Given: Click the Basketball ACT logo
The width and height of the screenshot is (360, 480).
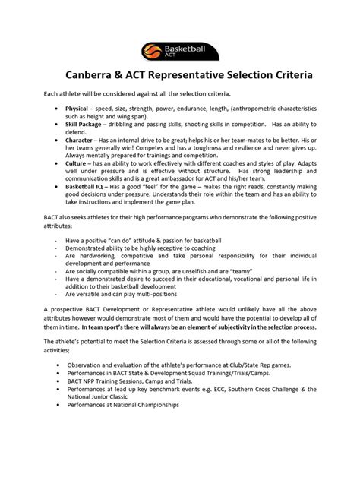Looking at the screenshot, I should tap(179, 52).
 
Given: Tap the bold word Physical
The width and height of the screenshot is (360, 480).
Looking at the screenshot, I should tap(77, 109).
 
